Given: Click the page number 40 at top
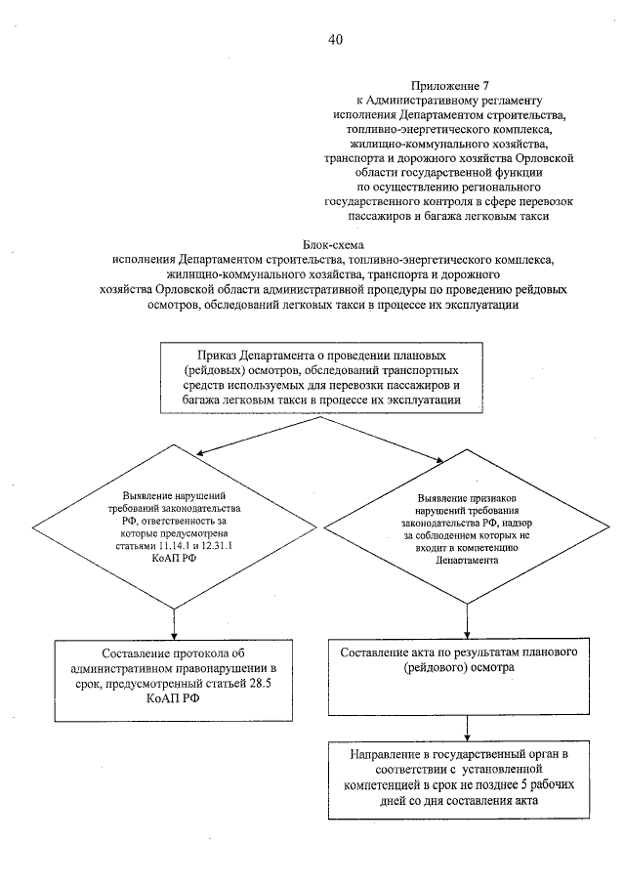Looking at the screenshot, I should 335,40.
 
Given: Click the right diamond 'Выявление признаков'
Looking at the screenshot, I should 472,530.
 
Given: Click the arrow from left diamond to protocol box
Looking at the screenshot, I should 174,619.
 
